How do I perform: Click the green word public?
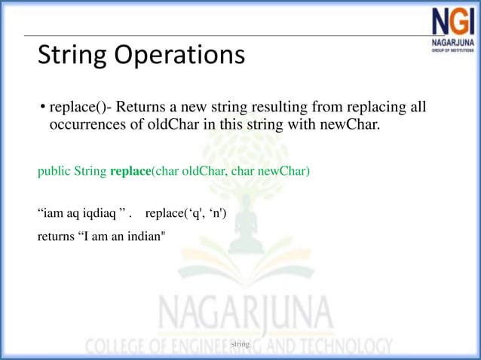pyautogui.click(x=54, y=171)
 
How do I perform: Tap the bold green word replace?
pyautogui.click(x=130, y=171)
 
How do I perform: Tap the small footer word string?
pyautogui.click(x=240, y=343)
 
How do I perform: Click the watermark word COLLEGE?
pyautogui.click(x=121, y=347)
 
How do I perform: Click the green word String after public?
pyautogui.click(x=90, y=171)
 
